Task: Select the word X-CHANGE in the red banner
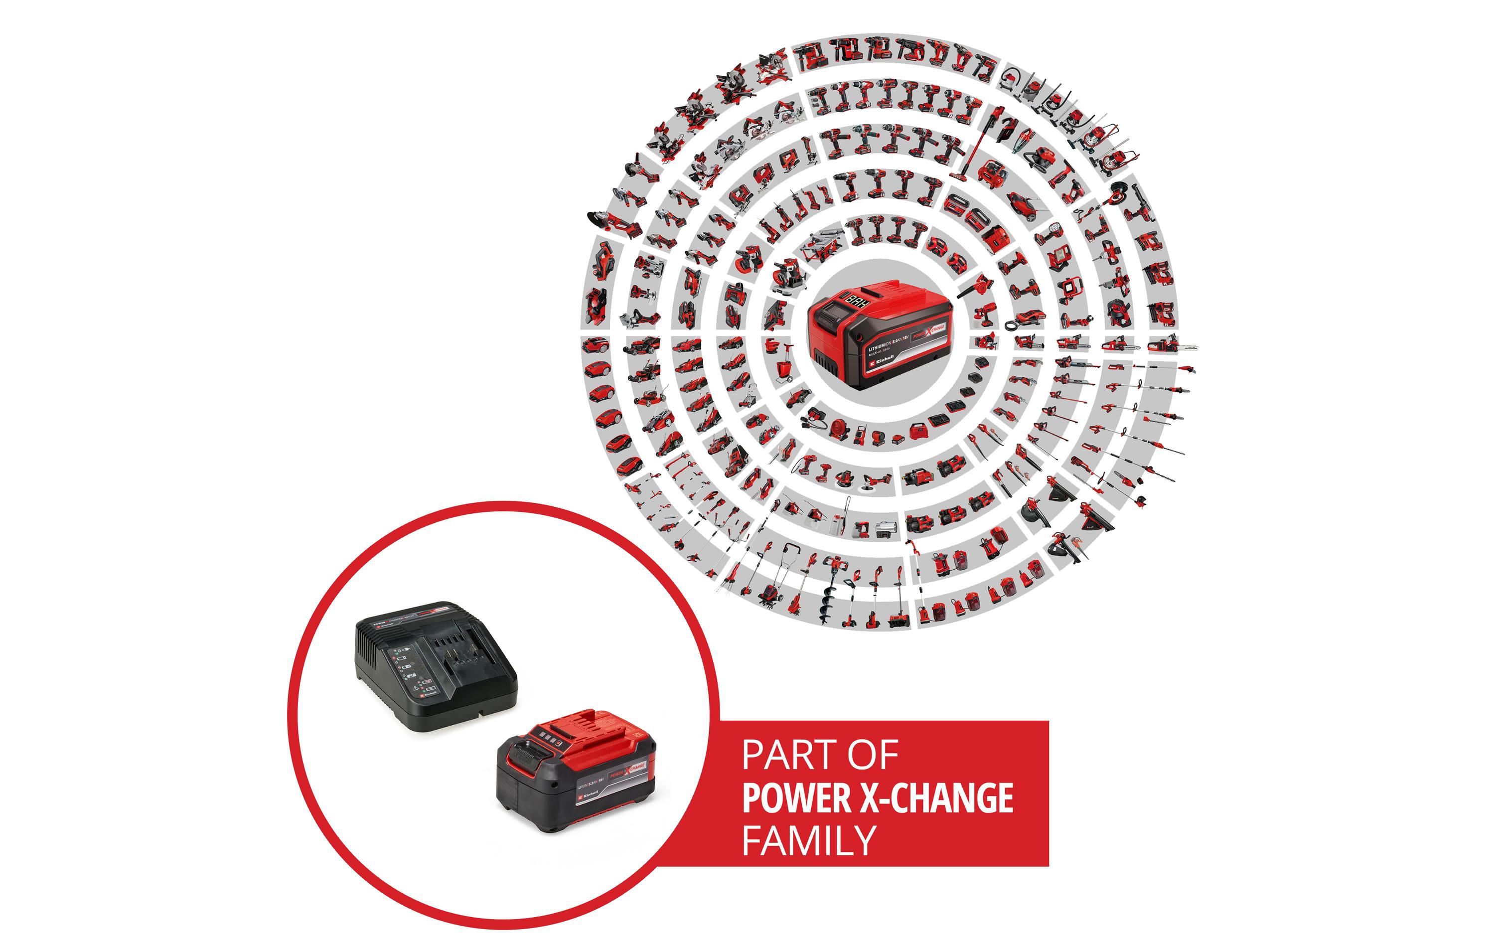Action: (936, 798)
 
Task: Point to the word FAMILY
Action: (808, 840)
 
